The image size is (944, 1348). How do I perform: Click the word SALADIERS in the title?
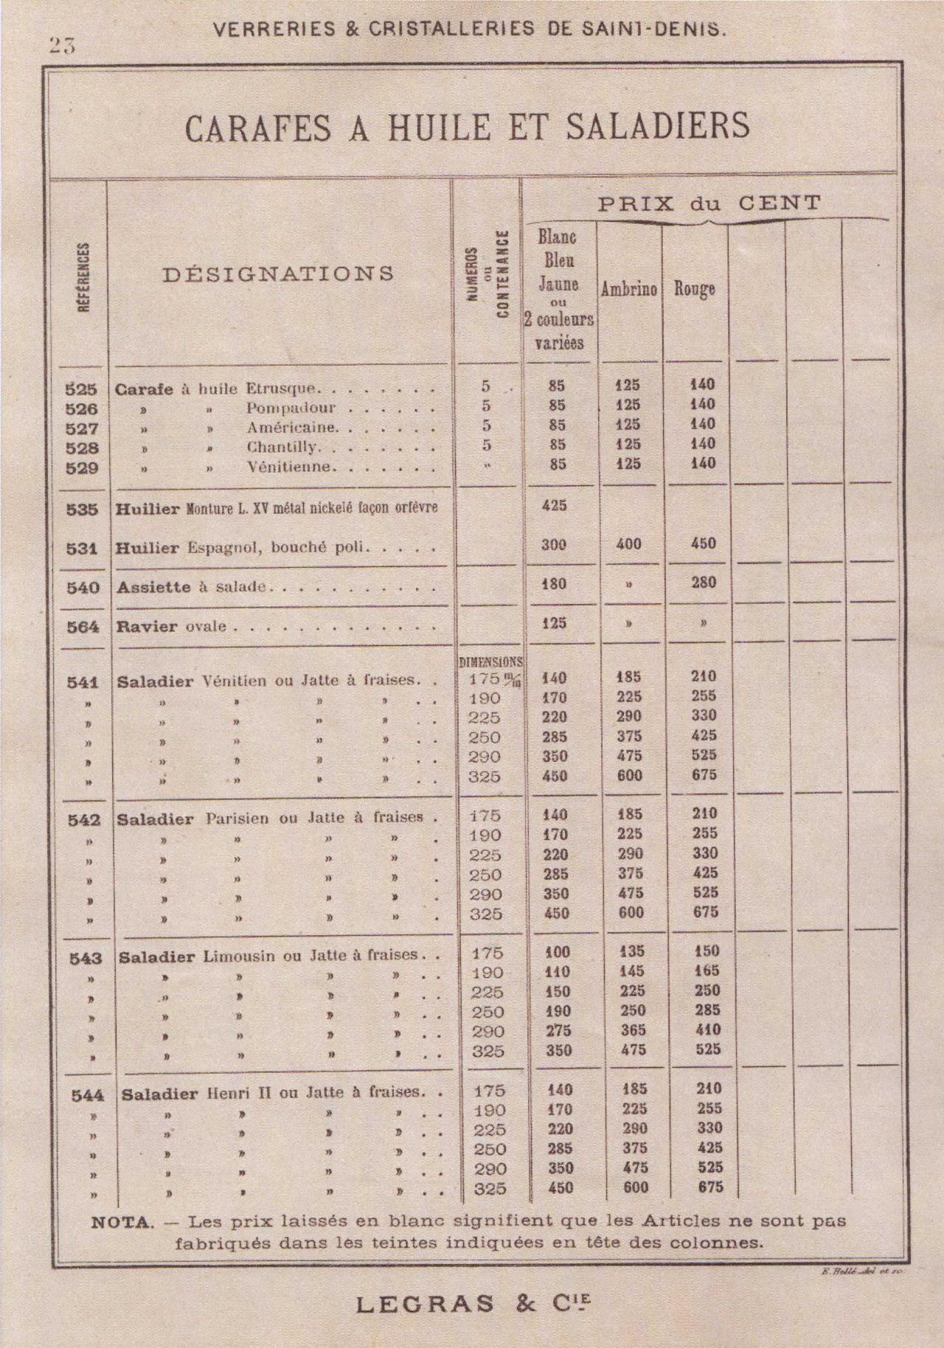pos(658,126)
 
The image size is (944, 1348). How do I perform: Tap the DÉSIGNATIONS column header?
pos(278,274)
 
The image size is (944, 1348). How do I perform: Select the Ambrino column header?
pos(628,289)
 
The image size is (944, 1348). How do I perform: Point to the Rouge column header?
pos(694,288)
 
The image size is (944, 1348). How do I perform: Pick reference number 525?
pos(82,389)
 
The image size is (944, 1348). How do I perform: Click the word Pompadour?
pos(291,409)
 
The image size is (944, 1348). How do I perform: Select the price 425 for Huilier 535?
pos(555,506)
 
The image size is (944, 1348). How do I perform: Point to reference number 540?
pos(83,588)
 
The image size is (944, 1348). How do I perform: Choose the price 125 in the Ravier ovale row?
pos(555,623)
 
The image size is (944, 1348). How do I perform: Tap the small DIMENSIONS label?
pos(490,662)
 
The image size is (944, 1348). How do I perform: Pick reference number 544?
pos(87,1096)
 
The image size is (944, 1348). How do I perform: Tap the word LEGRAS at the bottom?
pos(425,1304)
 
